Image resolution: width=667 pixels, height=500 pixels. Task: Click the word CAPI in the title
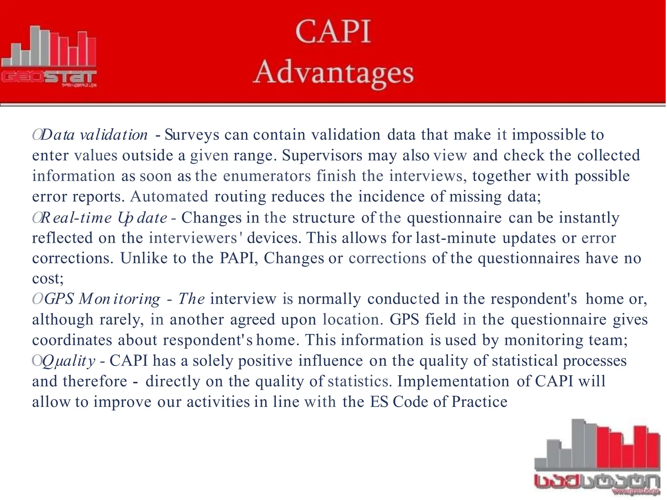click(x=333, y=32)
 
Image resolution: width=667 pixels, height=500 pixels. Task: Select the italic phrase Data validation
click(x=94, y=135)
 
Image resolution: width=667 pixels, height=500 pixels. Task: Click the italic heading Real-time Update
click(x=104, y=218)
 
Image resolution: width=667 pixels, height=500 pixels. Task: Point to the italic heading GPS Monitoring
click(x=102, y=299)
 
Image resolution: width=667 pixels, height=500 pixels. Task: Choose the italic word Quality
click(x=69, y=361)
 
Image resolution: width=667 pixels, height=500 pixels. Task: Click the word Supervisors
click(x=322, y=155)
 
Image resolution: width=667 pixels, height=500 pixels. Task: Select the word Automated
click(x=169, y=197)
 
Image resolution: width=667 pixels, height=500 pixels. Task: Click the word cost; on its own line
click(x=48, y=278)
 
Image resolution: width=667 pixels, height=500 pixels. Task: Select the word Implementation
click(x=453, y=381)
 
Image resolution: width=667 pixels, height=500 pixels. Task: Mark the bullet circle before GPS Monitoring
click(x=37, y=299)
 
